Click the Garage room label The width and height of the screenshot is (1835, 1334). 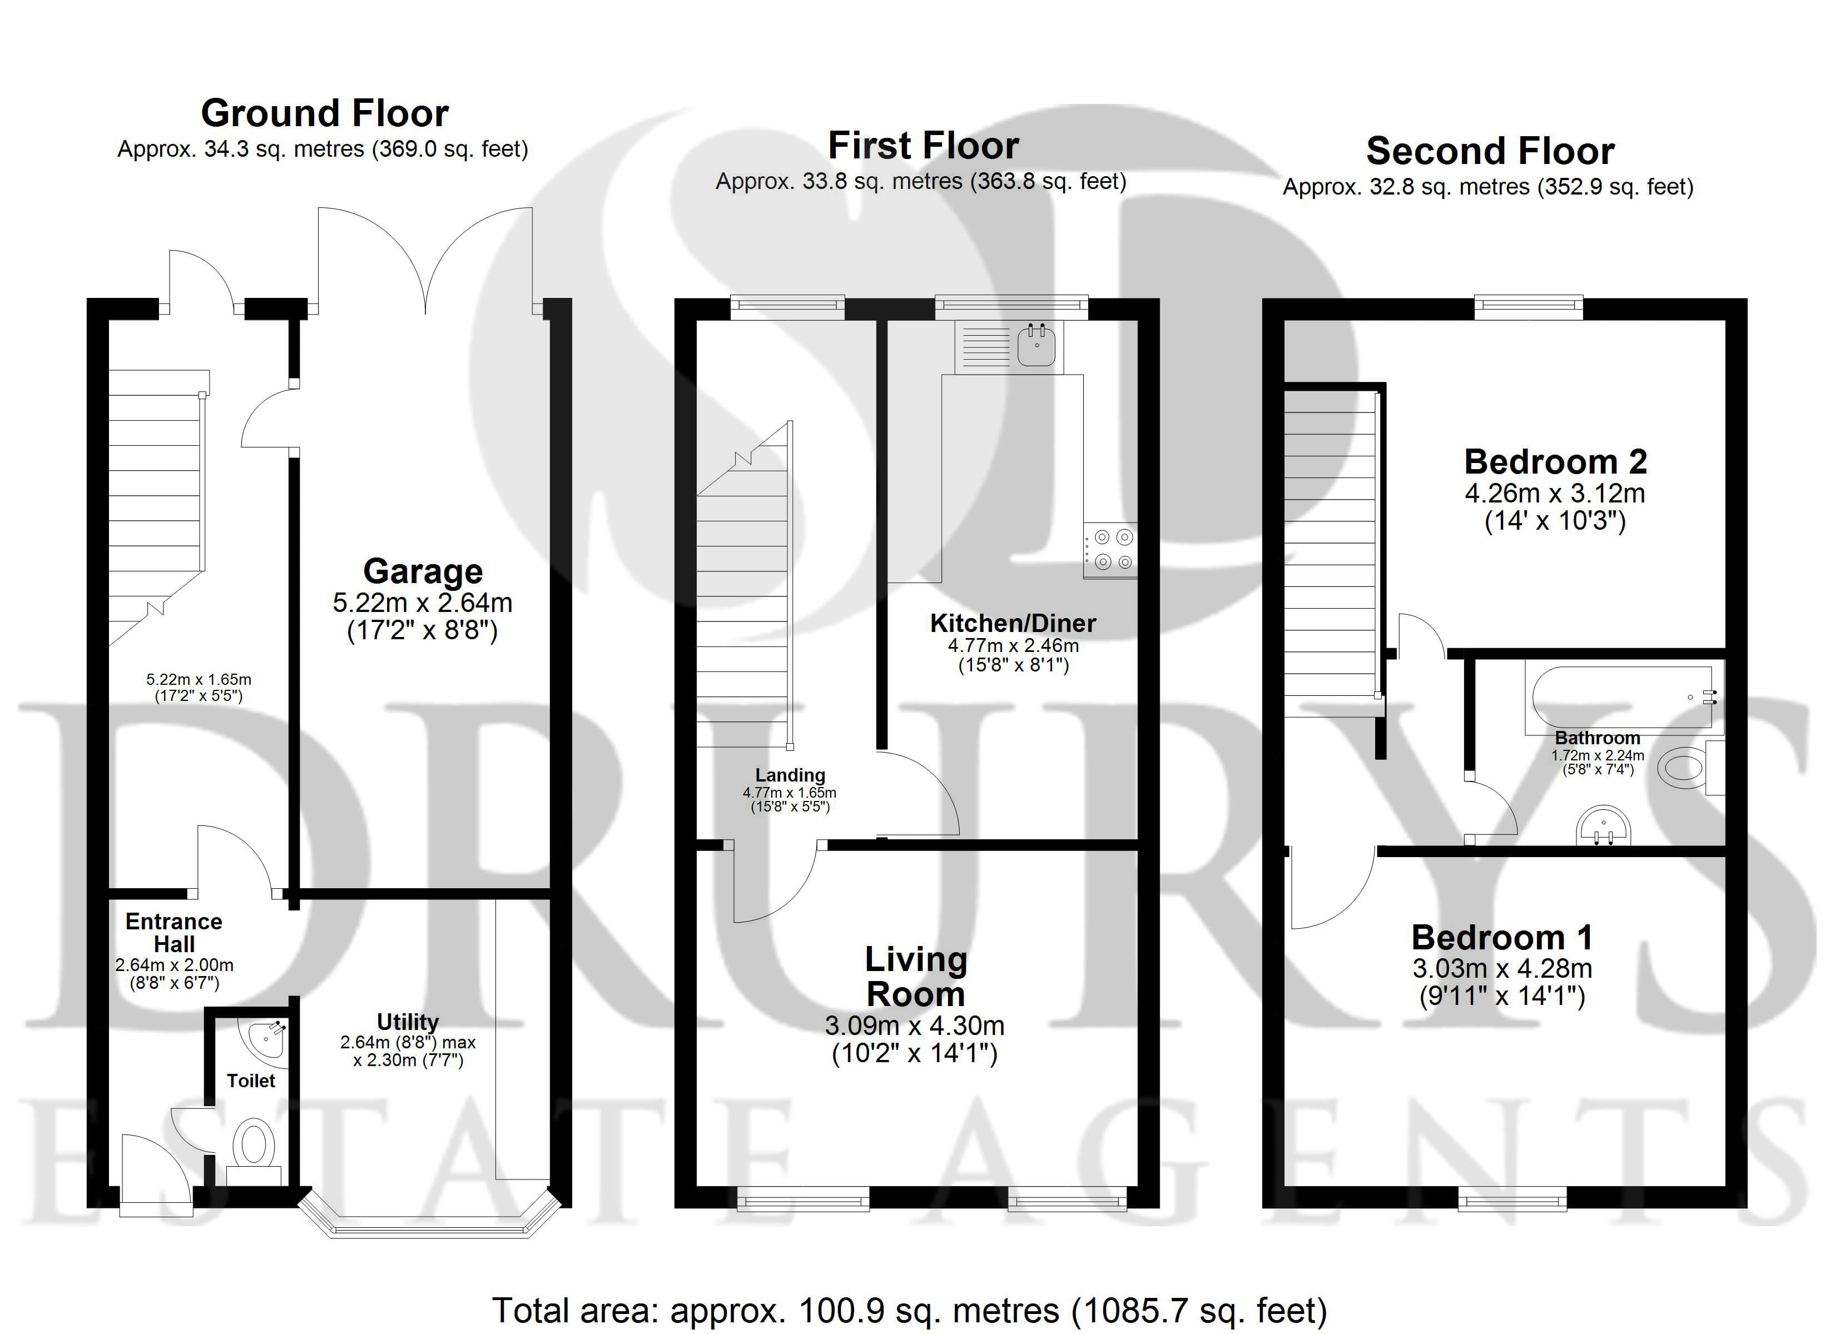coord(423,571)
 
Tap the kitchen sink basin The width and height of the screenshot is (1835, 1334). coord(1036,346)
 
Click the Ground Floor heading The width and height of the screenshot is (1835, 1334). coord(324,113)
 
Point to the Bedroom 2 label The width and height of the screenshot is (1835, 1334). coord(1555,462)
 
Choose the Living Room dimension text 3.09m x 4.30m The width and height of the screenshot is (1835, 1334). coord(914,1026)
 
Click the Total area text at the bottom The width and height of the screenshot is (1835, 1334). coord(909,1310)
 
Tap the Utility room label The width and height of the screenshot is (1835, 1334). coord(408,1022)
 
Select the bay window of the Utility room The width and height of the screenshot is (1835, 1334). coord(430,1229)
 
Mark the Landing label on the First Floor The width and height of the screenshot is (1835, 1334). coord(790,775)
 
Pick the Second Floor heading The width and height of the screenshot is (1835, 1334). coord(1490,151)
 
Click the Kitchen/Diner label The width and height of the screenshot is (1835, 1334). coord(1013,623)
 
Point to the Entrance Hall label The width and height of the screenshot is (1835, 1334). coord(174,933)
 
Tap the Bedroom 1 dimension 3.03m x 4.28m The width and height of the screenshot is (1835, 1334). coord(1502,968)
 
